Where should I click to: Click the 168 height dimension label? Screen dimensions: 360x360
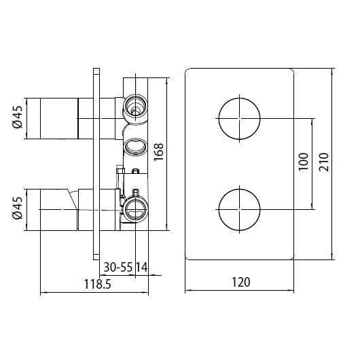(x=158, y=151)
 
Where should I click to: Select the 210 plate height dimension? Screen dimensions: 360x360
(x=324, y=162)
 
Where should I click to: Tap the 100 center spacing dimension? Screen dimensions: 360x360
(x=303, y=162)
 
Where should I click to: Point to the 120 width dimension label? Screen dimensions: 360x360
(x=241, y=282)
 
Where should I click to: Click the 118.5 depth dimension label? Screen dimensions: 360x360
(x=98, y=284)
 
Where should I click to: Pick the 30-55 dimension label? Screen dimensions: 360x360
(x=118, y=267)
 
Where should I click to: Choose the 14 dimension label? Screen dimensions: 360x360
(x=141, y=267)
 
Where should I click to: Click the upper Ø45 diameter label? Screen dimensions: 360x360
(x=18, y=117)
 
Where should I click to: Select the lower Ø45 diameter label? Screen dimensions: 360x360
(x=18, y=208)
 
